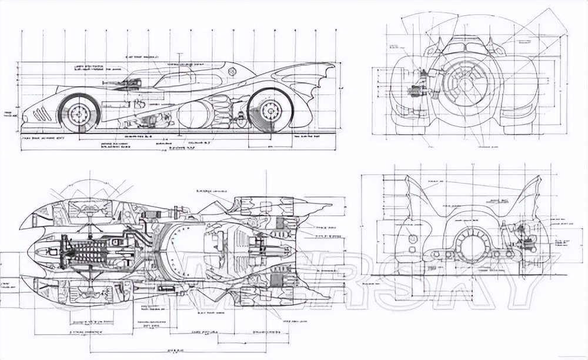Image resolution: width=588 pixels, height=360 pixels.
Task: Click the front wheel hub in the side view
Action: click(x=79, y=113)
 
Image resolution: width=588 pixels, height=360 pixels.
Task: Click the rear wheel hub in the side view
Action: click(x=270, y=109)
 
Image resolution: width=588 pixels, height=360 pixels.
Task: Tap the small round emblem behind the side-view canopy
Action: click(x=232, y=72)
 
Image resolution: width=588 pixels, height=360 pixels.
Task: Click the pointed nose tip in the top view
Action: click(x=28, y=252)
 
